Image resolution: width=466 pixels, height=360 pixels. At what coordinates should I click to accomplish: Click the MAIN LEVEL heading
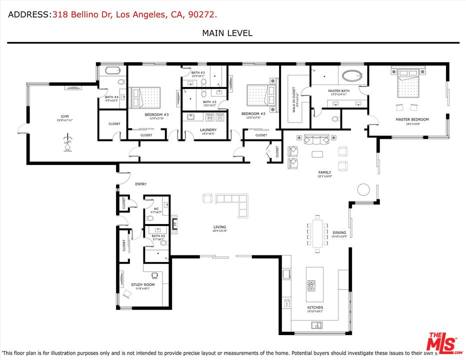(x=227, y=33)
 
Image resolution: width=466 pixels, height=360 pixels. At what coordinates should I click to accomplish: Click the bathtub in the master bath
(x=353, y=76)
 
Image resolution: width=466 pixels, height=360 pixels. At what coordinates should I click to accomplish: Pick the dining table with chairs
(x=318, y=231)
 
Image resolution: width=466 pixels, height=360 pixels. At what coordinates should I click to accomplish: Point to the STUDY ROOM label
(x=143, y=284)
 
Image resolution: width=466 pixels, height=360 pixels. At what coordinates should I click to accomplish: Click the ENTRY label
(x=141, y=184)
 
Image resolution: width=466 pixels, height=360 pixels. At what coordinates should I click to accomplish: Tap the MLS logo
(x=442, y=341)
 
